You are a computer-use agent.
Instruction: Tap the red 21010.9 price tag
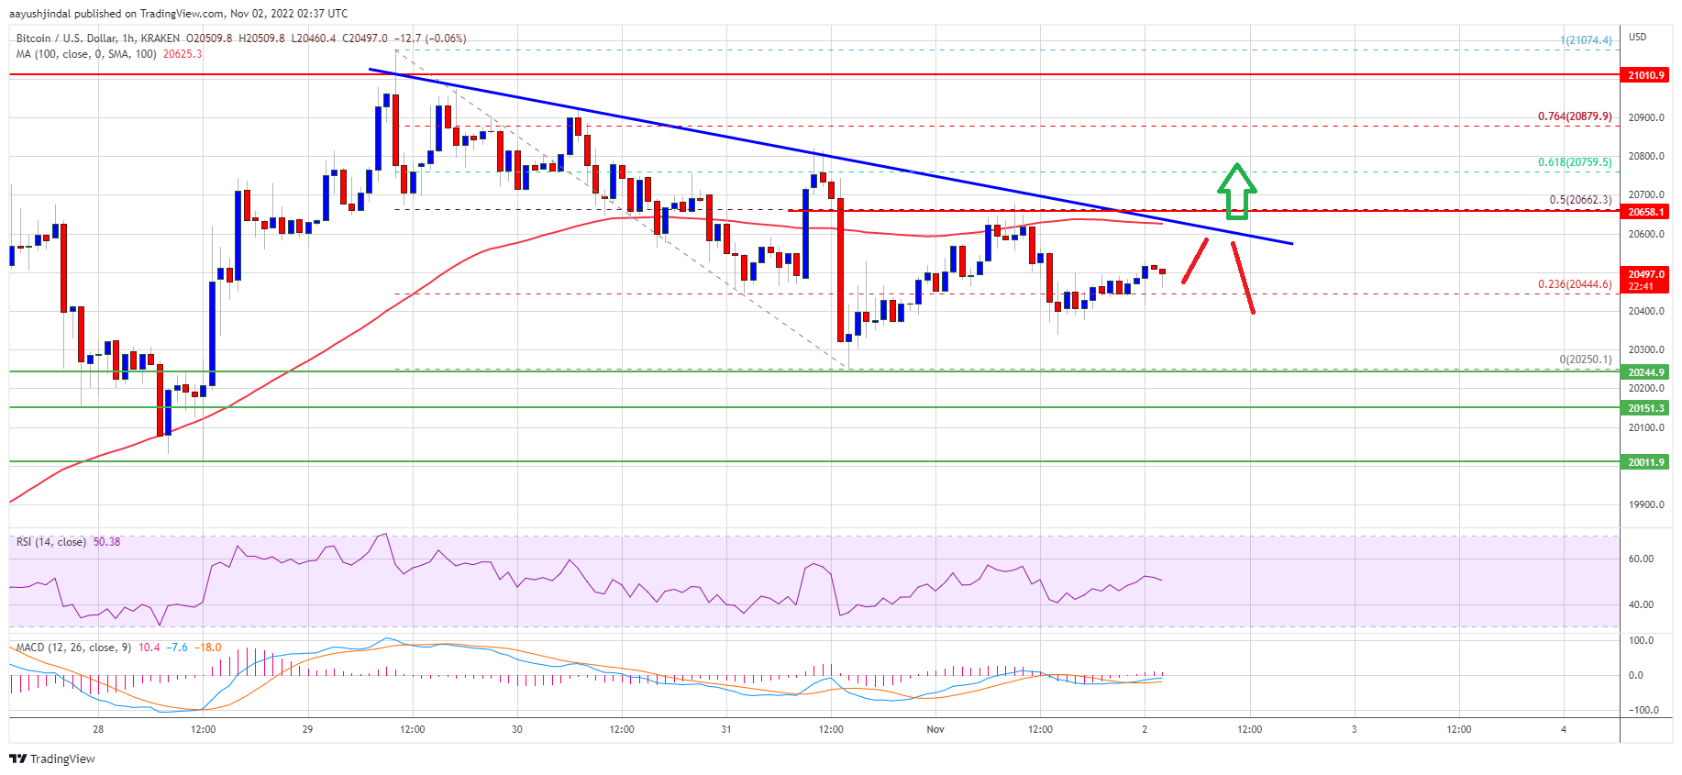[x=1645, y=75]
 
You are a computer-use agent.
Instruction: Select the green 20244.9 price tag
[x=1645, y=372]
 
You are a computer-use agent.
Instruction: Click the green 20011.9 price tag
[x=1645, y=462]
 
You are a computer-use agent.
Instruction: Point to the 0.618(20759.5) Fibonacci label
[x=1574, y=162]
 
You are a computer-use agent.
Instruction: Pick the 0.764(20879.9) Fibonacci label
[x=1574, y=116]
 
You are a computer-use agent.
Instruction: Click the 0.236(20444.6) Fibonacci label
[x=1574, y=284]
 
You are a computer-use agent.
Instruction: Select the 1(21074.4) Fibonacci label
[x=1586, y=40]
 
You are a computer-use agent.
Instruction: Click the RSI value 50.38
[x=106, y=542]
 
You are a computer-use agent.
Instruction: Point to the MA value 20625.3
[x=183, y=54]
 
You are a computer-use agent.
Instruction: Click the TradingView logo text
[x=52, y=758]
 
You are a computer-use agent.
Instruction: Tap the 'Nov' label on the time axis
[x=935, y=729]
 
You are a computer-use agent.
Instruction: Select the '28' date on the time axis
[x=98, y=729]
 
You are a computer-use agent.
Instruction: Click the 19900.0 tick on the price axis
[x=1645, y=504]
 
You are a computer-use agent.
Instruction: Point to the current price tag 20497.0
[x=1645, y=275]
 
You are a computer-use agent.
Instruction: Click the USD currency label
[x=1637, y=37]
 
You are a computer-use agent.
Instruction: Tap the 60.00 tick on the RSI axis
[x=1641, y=559]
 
